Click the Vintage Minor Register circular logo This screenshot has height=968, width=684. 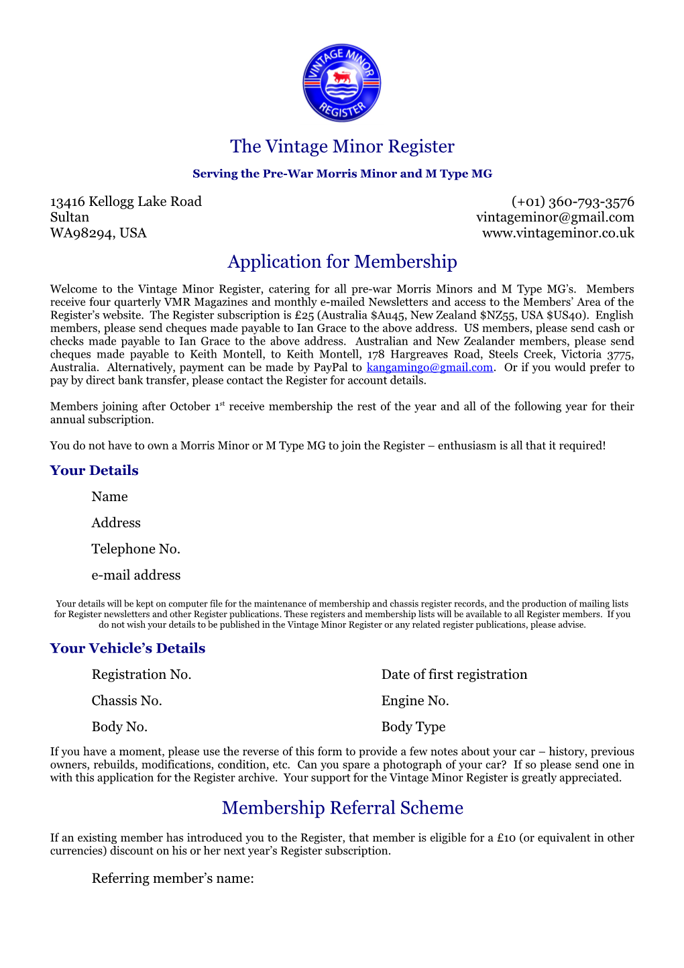(341, 83)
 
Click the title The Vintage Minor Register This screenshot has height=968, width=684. (342, 146)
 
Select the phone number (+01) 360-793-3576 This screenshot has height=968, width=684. (573, 201)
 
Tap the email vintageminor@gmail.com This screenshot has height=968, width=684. (555, 217)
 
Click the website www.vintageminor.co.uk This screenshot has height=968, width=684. (558, 233)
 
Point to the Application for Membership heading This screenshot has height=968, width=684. (342, 262)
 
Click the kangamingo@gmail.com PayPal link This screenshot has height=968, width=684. (429, 368)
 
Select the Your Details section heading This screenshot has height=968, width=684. (94, 470)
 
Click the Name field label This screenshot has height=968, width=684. (109, 496)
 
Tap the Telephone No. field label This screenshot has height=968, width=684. (135, 549)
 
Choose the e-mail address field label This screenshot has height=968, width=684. (135, 575)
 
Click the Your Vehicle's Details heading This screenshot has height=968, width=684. (127, 648)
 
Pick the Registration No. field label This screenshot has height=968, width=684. (141, 674)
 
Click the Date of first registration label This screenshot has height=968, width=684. (454, 674)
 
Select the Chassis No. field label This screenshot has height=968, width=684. (127, 700)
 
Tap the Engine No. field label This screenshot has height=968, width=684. (415, 700)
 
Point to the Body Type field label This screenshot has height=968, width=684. (413, 727)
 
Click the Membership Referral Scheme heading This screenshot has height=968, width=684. (342, 808)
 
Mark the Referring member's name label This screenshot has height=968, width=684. (172, 878)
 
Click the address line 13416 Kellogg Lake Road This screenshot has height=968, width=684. (125, 201)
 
